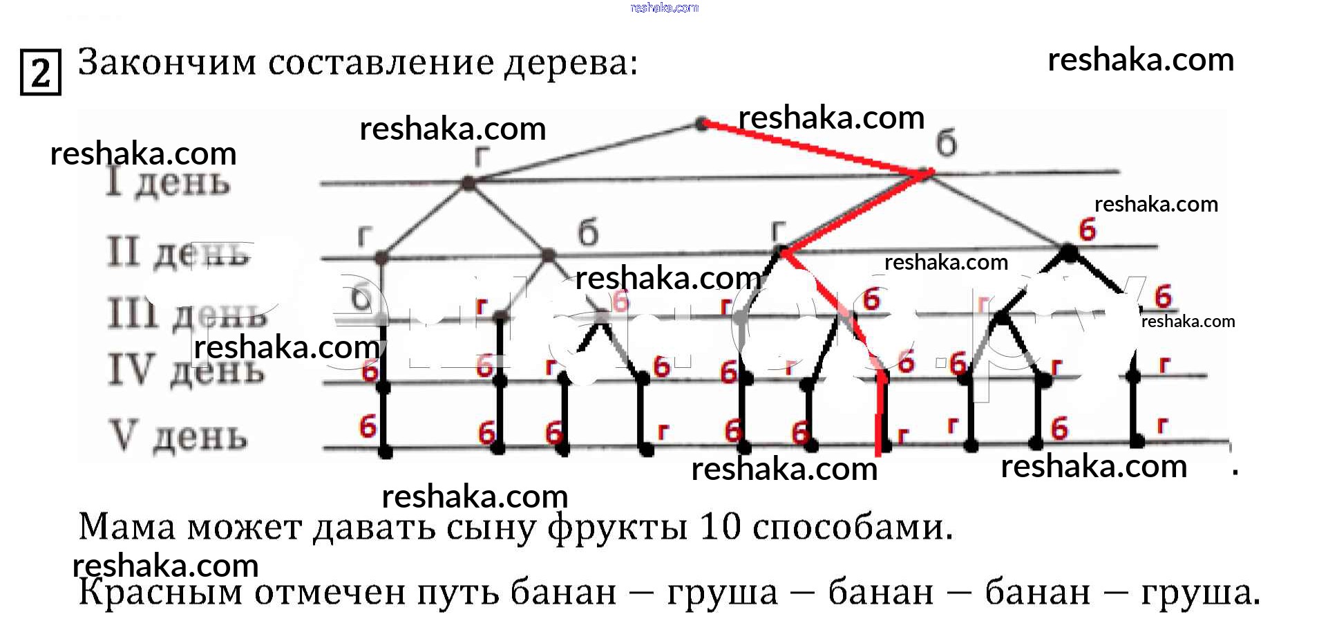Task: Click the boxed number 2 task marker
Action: coord(41,72)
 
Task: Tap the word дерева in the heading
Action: coord(570,64)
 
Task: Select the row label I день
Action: coord(168,183)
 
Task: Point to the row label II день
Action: coord(178,252)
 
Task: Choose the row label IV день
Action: coord(186,370)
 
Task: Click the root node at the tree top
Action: coord(701,124)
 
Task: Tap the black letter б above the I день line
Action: coord(947,143)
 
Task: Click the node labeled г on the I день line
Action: coord(468,183)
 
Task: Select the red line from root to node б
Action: coord(815,149)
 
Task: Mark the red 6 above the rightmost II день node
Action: coord(1088,229)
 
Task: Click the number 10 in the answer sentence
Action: coord(721,527)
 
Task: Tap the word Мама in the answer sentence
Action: coord(127,527)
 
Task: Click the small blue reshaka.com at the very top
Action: coord(664,8)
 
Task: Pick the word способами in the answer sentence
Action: coord(853,528)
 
